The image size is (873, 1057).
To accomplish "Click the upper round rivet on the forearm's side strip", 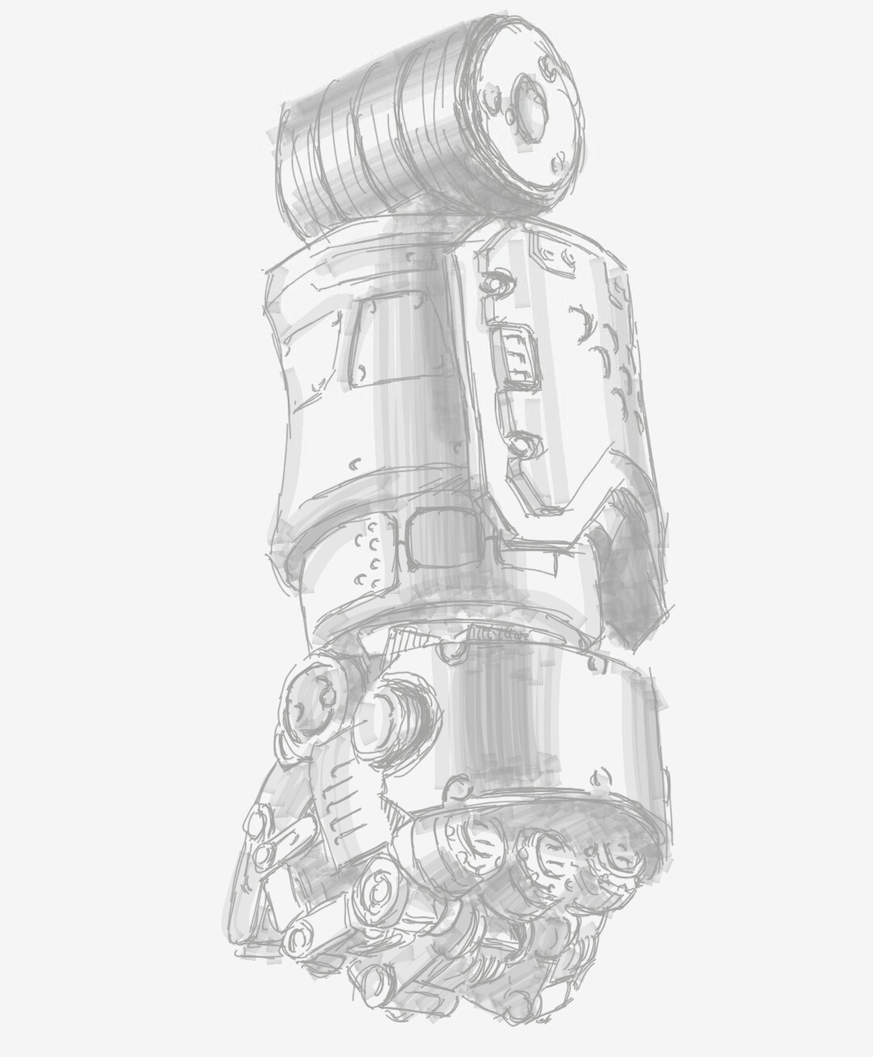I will [x=494, y=284].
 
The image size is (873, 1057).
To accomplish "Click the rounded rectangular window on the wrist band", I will [x=449, y=538].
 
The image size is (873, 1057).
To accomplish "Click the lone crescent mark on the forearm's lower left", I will [x=355, y=465].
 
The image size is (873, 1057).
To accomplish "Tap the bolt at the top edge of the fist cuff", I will [x=449, y=650].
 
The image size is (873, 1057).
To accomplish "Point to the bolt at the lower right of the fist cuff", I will [x=601, y=777].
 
